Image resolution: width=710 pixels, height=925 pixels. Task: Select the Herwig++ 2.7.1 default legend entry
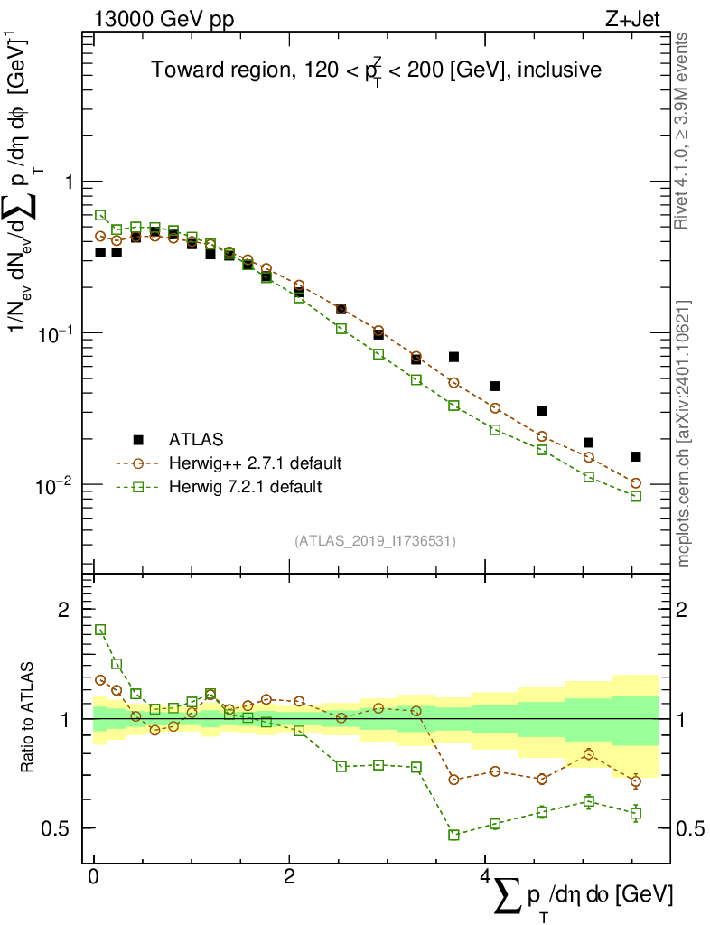coord(255,463)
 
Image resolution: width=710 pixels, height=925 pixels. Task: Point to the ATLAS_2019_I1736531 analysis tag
coord(375,541)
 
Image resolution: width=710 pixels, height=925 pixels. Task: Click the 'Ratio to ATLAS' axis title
coord(30,718)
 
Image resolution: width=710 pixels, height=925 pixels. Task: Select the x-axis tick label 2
coord(289,877)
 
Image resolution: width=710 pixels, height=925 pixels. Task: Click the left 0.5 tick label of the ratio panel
coord(61,827)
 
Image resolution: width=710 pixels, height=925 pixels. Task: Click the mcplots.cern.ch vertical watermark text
coord(684,434)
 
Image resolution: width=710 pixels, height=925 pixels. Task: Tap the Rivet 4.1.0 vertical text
coord(684,131)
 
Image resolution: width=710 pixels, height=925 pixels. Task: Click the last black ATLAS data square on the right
coord(636,457)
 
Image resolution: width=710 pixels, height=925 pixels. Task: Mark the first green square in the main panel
coord(100,215)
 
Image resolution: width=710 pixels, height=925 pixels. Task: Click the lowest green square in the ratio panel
coord(453,835)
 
